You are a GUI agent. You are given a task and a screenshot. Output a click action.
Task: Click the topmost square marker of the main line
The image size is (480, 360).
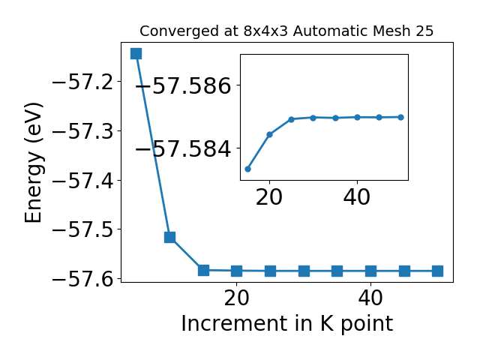point(136,53)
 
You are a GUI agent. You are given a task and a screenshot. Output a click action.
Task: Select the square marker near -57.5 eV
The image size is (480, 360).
point(169,237)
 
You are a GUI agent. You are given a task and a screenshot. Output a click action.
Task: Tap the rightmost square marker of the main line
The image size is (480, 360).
point(437,271)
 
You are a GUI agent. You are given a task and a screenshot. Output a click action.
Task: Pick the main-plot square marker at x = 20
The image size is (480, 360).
point(236,271)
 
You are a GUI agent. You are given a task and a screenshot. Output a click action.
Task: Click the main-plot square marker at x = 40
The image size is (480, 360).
point(370,271)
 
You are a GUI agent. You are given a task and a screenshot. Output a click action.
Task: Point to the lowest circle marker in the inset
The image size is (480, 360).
point(248,169)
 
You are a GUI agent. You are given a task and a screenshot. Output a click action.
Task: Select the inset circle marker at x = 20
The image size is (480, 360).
point(270,134)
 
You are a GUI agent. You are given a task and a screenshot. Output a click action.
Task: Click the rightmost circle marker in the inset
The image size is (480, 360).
point(401,117)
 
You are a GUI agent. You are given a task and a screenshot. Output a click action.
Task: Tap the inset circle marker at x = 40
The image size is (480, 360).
point(357,117)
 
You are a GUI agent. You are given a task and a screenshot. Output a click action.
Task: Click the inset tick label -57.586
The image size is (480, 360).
point(183,85)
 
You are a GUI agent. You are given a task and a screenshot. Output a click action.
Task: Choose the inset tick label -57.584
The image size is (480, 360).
point(183,149)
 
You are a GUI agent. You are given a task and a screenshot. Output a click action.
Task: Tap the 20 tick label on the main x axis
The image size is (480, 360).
point(236,298)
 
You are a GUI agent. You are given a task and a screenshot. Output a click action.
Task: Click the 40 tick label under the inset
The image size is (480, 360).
point(357,197)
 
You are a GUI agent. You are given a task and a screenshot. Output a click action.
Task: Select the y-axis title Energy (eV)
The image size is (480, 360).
point(33,163)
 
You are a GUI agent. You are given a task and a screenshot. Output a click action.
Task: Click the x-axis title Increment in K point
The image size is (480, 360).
point(286,324)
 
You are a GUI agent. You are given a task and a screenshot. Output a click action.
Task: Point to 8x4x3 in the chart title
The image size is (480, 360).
point(265,31)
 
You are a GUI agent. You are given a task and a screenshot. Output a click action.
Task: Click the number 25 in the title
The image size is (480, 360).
point(424,31)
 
